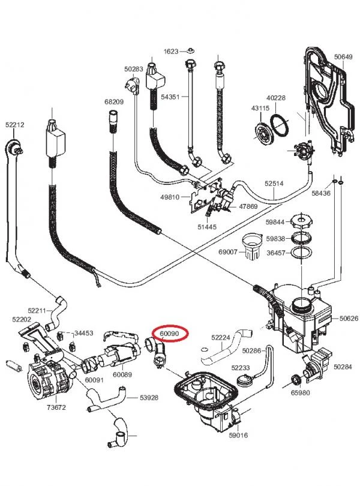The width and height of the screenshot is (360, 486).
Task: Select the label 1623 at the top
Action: (x=171, y=52)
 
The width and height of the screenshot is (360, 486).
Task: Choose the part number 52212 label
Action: (x=14, y=125)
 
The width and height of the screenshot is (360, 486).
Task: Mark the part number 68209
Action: (x=113, y=102)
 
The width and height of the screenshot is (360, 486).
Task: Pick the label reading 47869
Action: (x=248, y=206)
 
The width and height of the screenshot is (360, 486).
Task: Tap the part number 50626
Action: (x=348, y=319)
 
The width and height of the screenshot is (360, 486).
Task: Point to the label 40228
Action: (x=276, y=98)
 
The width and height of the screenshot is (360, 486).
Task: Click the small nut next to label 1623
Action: (x=189, y=51)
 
